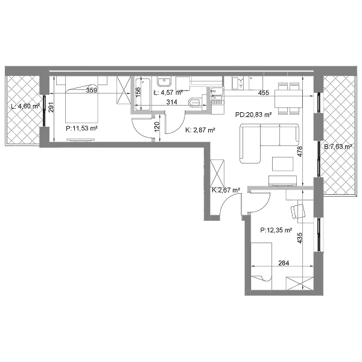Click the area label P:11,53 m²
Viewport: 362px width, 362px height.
pyautogui.click(x=81, y=129)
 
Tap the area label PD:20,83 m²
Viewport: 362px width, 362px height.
pyautogui.click(x=253, y=115)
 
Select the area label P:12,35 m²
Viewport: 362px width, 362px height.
pyautogui.click(x=276, y=230)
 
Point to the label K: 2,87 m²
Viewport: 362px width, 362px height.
pyautogui.click(x=200, y=130)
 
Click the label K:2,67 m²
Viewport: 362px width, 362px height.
pyautogui.click(x=226, y=190)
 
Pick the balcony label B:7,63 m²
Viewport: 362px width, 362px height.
pyautogui.click(x=338, y=147)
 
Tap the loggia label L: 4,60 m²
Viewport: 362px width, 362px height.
pyautogui.click(x=25, y=106)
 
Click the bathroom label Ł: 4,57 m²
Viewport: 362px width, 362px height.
pyautogui.click(x=168, y=93)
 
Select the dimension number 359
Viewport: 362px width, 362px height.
pyautogui.click(x=92, y=91)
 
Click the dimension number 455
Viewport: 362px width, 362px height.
pyautogui.click(x=264, y=93)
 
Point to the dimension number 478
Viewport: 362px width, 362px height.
pyautogui.click(x=300, y=151)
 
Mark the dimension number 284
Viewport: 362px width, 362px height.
pyautogui.click(x=284, y=263)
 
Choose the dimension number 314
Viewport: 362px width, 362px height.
pyautogui.click(x=172, y=102)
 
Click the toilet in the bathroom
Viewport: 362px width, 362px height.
pyautogui.click(x=197, y=102)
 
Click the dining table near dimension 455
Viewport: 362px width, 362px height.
pyautogui.click(x=288, y=98)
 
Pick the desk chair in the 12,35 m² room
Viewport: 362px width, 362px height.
pyautogui.click(x=298, y=211)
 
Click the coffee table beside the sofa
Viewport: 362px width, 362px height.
pyautogui.click(x=283, y=164)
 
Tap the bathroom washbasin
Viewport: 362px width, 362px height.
pyautogui.click(x=164, y=82)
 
